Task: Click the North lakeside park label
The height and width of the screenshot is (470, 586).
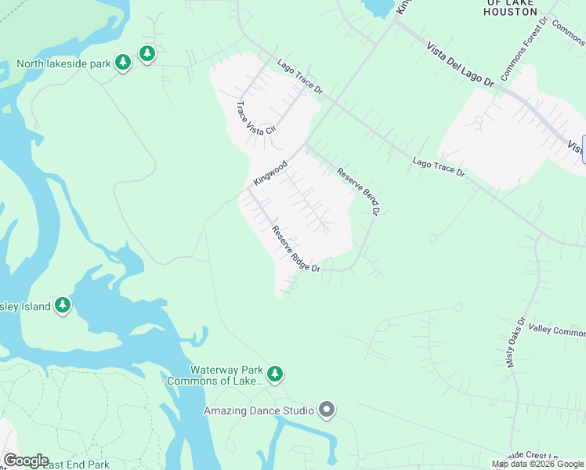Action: (63, 63)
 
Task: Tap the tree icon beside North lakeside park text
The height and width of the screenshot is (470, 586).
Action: (122, 62)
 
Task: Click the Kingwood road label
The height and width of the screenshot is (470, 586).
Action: (270, 173)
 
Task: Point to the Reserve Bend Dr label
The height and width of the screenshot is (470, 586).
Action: (358, 190)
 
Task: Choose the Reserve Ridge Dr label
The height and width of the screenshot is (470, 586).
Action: (295, 249)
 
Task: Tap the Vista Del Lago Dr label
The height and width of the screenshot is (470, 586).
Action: (461, 65)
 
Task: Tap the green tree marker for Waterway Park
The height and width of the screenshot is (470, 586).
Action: (274, 374)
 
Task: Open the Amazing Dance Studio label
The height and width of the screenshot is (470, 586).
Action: (259, 410)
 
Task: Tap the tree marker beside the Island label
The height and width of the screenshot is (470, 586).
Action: (63, 305)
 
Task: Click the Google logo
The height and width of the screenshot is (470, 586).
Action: (25, 461)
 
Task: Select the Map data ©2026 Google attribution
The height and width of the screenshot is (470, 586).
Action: (538, 464)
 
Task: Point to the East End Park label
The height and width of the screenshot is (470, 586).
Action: (77, 465)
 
